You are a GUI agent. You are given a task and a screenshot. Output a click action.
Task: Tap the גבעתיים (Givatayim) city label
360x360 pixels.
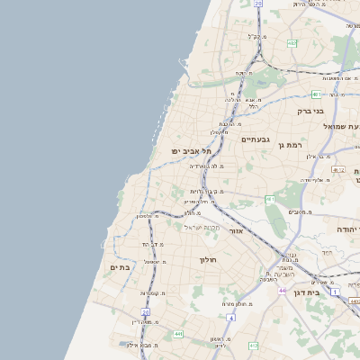point(256,139)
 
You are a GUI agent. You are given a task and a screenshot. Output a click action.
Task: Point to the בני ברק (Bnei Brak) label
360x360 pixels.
point(310,111)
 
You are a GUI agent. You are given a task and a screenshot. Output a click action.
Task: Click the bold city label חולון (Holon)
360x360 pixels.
point(208,260)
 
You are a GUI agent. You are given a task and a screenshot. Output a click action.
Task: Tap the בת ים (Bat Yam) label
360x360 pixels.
point(121,267)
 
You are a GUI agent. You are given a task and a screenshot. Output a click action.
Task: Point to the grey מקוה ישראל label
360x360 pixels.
point(202,227)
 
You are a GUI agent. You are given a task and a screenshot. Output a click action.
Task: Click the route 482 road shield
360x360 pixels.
point(292,42)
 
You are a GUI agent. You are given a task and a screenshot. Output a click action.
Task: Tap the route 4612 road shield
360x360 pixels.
point(338,169)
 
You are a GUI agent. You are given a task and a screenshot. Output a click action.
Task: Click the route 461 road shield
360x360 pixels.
point(270,199)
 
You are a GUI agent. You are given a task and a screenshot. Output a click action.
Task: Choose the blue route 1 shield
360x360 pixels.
point(336,292)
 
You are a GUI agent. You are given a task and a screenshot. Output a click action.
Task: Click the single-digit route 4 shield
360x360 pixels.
point(230,318)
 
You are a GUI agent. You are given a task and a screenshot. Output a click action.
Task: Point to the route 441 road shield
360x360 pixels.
point(178,335)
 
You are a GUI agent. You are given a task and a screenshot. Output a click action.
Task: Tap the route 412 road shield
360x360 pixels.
point(255,345)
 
